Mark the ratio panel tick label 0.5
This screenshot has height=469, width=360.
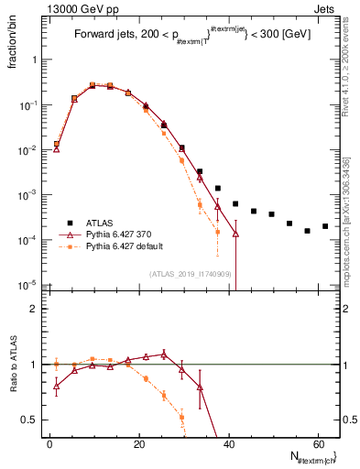[x=28, y=420]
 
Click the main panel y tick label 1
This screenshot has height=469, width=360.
[x=34, y=60]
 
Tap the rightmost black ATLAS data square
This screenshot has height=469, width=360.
[x=325, y=225]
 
